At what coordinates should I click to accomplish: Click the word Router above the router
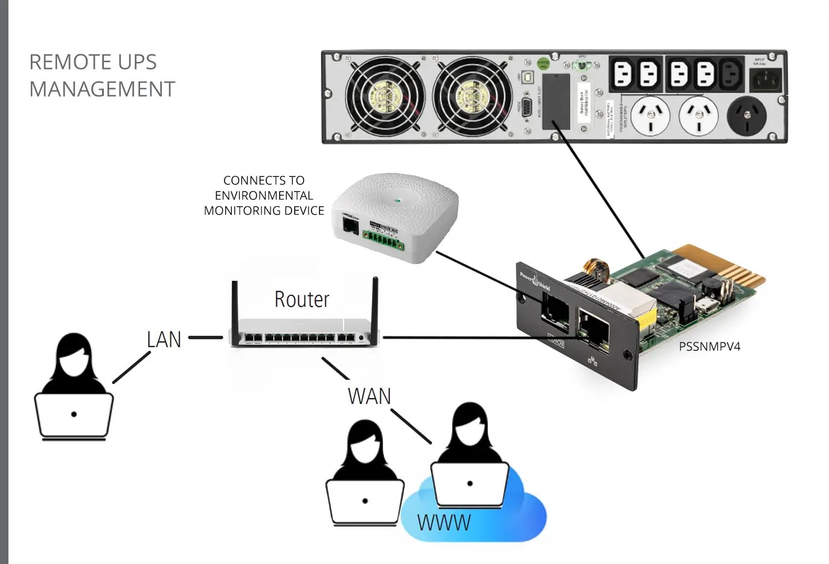(301, 300)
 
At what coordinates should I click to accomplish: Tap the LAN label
(164, 339)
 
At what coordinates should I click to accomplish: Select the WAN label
(369, 396)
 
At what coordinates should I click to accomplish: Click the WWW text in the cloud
(444, 522)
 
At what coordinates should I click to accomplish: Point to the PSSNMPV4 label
(709, 347)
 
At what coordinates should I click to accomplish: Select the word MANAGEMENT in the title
(102, 89)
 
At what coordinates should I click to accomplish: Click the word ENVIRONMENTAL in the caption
(264, 196)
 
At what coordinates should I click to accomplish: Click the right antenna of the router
(374, 305)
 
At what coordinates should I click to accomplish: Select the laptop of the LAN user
(74, 415)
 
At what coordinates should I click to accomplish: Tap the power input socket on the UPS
(765, 80)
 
